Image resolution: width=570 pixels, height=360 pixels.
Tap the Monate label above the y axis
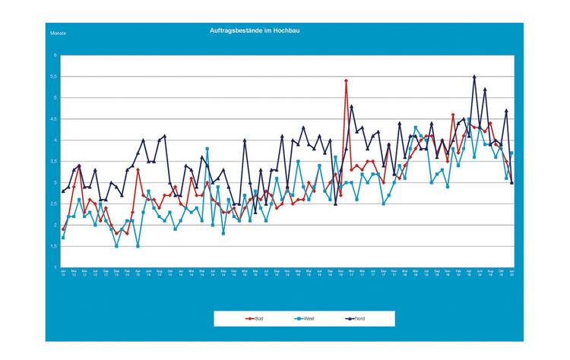click(x=58, y=34)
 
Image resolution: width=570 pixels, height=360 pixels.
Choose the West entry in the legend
click(x=302, y=318)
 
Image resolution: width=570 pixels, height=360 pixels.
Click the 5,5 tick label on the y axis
click(x=55, y=77)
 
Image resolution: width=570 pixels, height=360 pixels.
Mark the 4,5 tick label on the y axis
click(x=55, y=119)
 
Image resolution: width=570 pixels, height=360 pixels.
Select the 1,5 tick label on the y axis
click(x=55, y=247)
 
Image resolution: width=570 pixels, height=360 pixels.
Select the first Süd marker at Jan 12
click(x=63, y=229)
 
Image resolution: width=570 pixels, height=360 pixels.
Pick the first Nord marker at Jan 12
click(x=63, y=191)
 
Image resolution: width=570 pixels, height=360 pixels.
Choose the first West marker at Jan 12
click(x=63, y=238)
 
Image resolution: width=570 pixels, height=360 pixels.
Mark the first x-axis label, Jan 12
click(x=63, y=272)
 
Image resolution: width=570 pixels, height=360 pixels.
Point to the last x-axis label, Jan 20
click(x=511, y=272)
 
